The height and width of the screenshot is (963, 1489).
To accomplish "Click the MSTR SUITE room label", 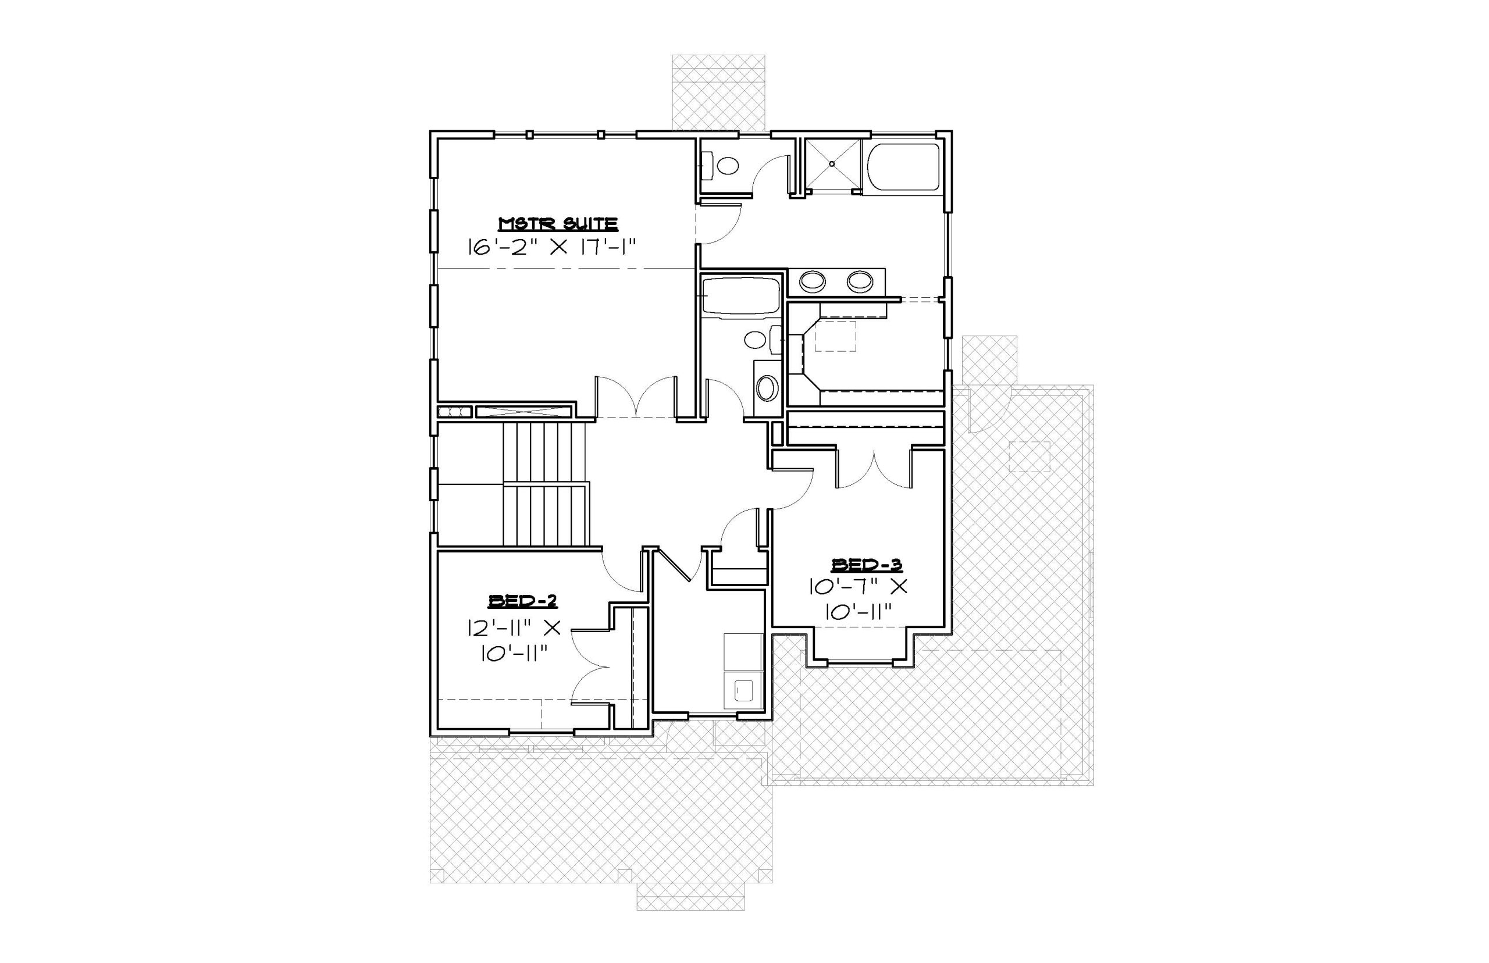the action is pos(558,224).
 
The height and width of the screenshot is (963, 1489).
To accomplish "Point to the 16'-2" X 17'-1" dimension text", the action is pos(551,247).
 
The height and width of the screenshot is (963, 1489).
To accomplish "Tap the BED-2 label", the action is pos(522,601).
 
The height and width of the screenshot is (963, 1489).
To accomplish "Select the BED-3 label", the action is pos(866,565).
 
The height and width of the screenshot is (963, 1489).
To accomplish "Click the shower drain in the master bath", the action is pos(832,165).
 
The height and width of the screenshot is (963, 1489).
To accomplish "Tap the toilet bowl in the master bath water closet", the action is pos(727,166).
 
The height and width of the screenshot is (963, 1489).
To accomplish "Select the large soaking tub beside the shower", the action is pos(903,167).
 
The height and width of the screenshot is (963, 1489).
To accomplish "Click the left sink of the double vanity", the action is pos(812,281).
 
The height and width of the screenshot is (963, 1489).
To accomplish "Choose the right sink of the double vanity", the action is pos(860,281).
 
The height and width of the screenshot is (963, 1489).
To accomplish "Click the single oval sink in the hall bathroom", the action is pos(767,388).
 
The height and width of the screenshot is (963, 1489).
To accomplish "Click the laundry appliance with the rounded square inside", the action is pos(743,690).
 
